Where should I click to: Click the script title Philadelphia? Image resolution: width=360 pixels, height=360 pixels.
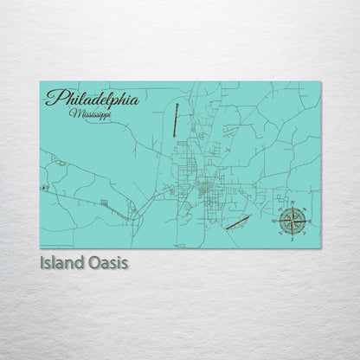pyautogui.click(x=92, y=99)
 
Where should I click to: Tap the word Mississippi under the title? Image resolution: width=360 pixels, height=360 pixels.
pyautogui.click(x=91, y=113)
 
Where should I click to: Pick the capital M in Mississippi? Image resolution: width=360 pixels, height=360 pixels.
pyautogui.click(x=74, y=112)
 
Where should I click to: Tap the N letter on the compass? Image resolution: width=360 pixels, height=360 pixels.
pyautogui.click(x=292, y=208)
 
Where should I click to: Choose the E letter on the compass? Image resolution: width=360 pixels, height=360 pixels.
pyautogui.click(x=306, y=222)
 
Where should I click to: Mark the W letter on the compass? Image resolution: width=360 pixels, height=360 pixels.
pyautogui.click(x=277, y=222)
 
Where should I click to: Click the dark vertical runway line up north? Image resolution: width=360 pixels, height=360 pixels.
pyautogui.click(x=176, y=120)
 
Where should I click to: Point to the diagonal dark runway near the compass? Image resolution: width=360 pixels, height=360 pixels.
pyautogui.click(x=238, y=222)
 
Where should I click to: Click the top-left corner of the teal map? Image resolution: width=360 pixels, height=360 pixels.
pyautogui.click(x=41, y=82)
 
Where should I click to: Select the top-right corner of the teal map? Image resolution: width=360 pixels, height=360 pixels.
pyautogui.click(x=319, y=82)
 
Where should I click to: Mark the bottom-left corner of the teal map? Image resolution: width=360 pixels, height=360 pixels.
pyautogui.click(x=41, y=247)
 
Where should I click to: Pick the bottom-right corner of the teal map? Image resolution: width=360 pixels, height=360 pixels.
pyautogui.click(x=319, y=247)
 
